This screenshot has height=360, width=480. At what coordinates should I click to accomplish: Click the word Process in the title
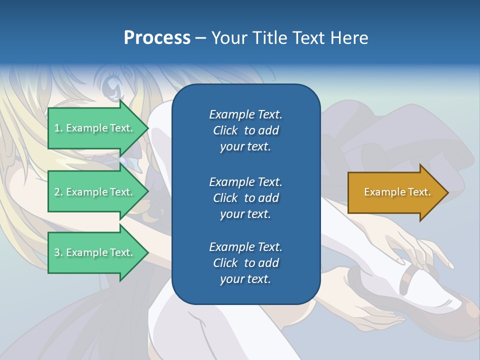click(157, 38)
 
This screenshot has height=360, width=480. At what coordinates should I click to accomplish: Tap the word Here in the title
click(348, 38)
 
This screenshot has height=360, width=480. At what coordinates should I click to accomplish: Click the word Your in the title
click(229, 38)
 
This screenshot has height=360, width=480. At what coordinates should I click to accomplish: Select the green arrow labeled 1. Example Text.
click(95, 128)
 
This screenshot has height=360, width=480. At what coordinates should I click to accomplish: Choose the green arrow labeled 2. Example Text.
click(95, 192)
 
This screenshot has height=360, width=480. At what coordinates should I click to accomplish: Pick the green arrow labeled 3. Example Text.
click(95, 252)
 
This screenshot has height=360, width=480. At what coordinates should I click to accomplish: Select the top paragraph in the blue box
click(245, 130)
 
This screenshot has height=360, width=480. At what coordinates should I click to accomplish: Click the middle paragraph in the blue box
click(245, 197)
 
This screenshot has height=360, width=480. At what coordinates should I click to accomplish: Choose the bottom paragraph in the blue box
click(245, 263)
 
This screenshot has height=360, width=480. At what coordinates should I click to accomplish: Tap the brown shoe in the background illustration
click(457, 312)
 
